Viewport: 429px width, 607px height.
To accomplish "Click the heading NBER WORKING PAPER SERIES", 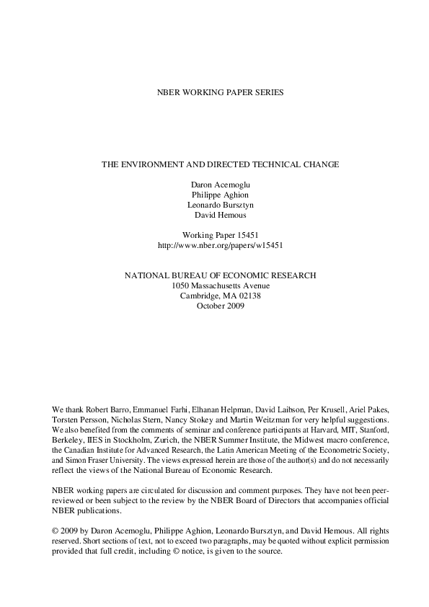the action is pos(214,93).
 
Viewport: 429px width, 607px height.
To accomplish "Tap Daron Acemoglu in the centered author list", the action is pos(214,185).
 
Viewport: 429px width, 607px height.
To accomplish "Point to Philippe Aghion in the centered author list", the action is pos(214,195).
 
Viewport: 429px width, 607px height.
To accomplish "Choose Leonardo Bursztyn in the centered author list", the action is pos(214,205).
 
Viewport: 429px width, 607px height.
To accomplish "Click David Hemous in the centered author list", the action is pos(214,215).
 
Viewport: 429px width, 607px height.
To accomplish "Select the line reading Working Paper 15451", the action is pos(214,235).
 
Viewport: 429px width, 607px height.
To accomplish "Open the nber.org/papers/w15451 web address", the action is pos(214,245).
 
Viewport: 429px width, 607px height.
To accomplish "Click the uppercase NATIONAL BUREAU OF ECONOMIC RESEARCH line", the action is pos(214,275).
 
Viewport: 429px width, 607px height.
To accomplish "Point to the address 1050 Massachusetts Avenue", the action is pos(214,285).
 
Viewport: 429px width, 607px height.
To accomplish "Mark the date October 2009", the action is pos(214,306).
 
